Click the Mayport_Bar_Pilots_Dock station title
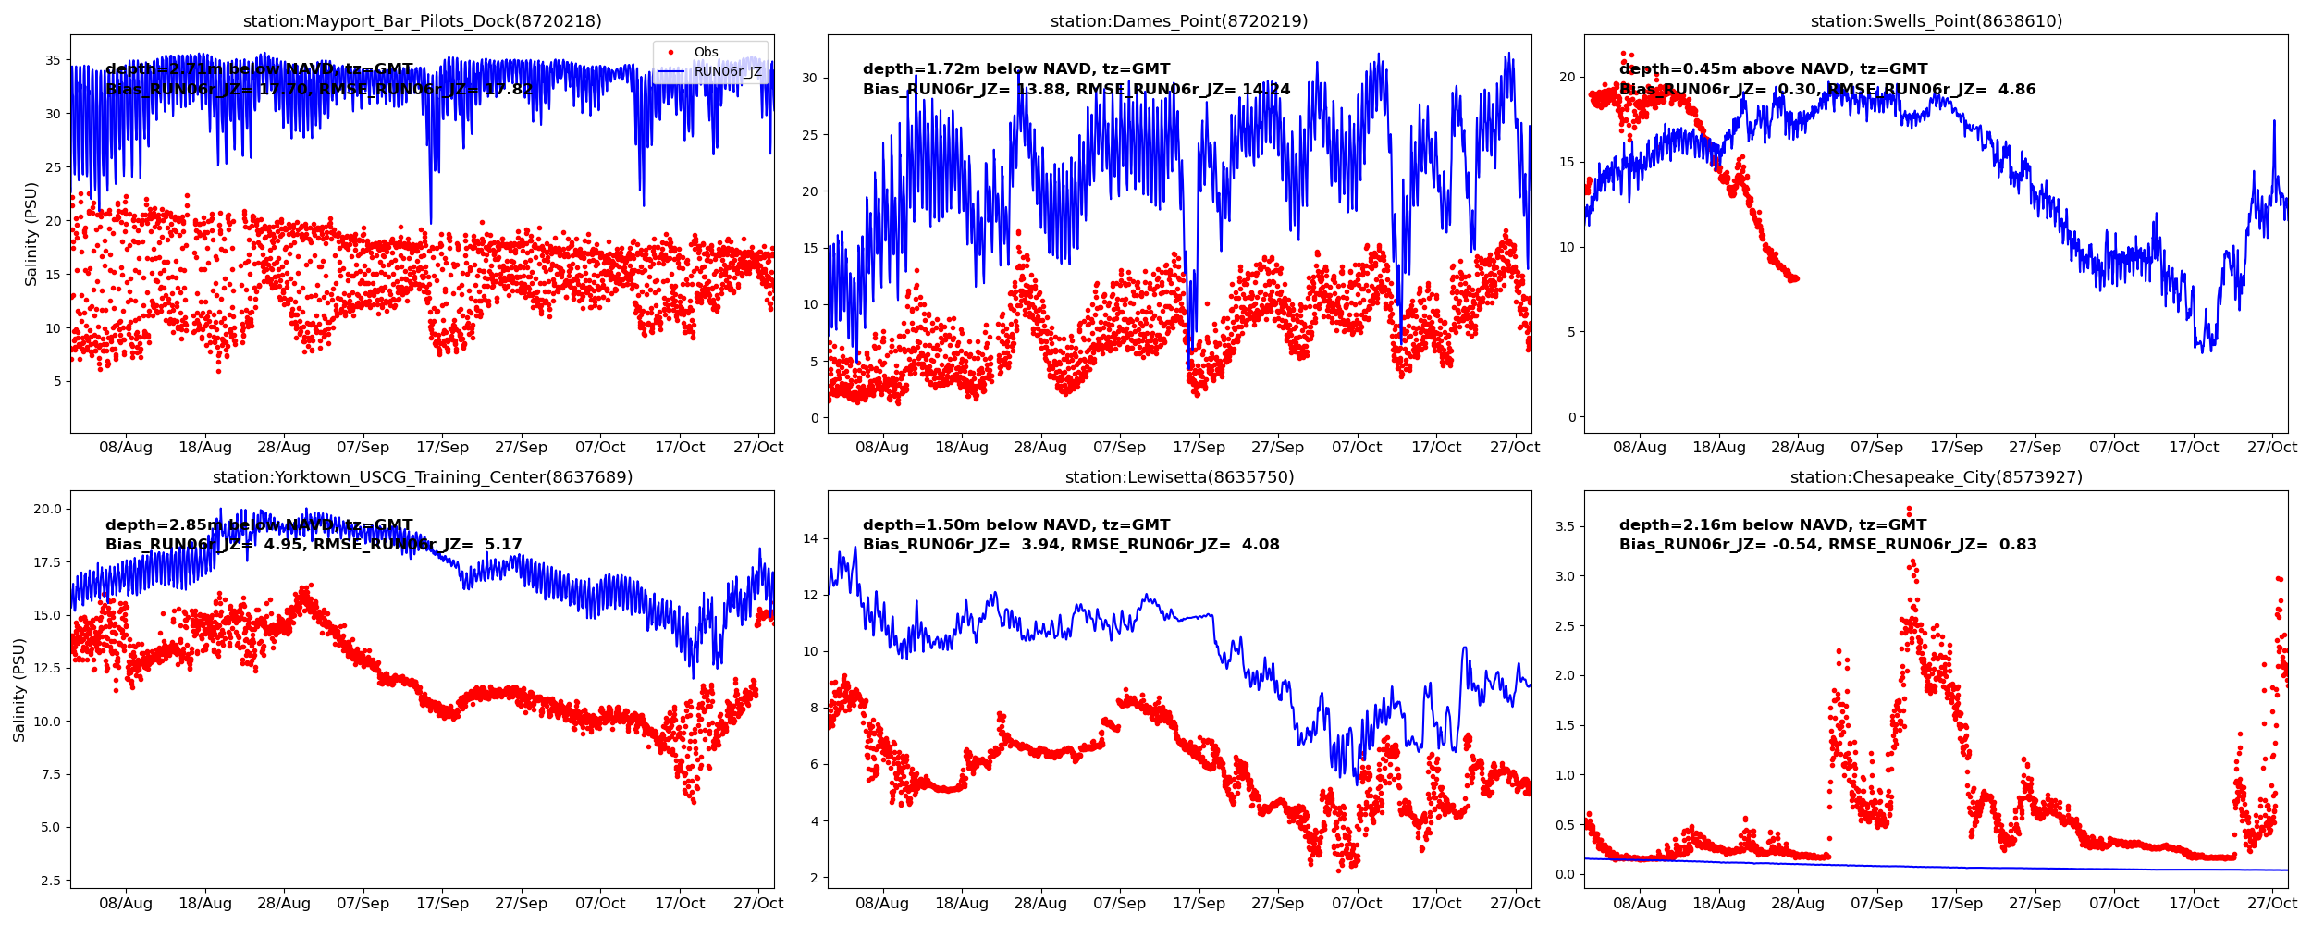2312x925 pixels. point(422,21)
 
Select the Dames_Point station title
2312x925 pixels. point(1179,21)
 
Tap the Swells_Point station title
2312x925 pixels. point(1936,21)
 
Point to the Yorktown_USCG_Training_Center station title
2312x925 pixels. point(423,477)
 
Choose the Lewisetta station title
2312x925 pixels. point(1179,477)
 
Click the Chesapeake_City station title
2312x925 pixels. point(1936,477)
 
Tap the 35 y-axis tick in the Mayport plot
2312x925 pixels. point(54,61)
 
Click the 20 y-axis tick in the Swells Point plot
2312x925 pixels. point(1567,78)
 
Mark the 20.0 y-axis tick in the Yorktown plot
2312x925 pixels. point(47,509)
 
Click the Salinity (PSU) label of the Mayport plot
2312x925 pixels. point(31,234)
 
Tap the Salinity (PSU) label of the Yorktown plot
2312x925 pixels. point(19,690)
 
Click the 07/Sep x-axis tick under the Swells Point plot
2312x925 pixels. point(1876,448)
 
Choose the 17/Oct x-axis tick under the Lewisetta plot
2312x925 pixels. point(1436,904)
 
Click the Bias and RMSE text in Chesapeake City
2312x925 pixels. point(1827,545)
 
